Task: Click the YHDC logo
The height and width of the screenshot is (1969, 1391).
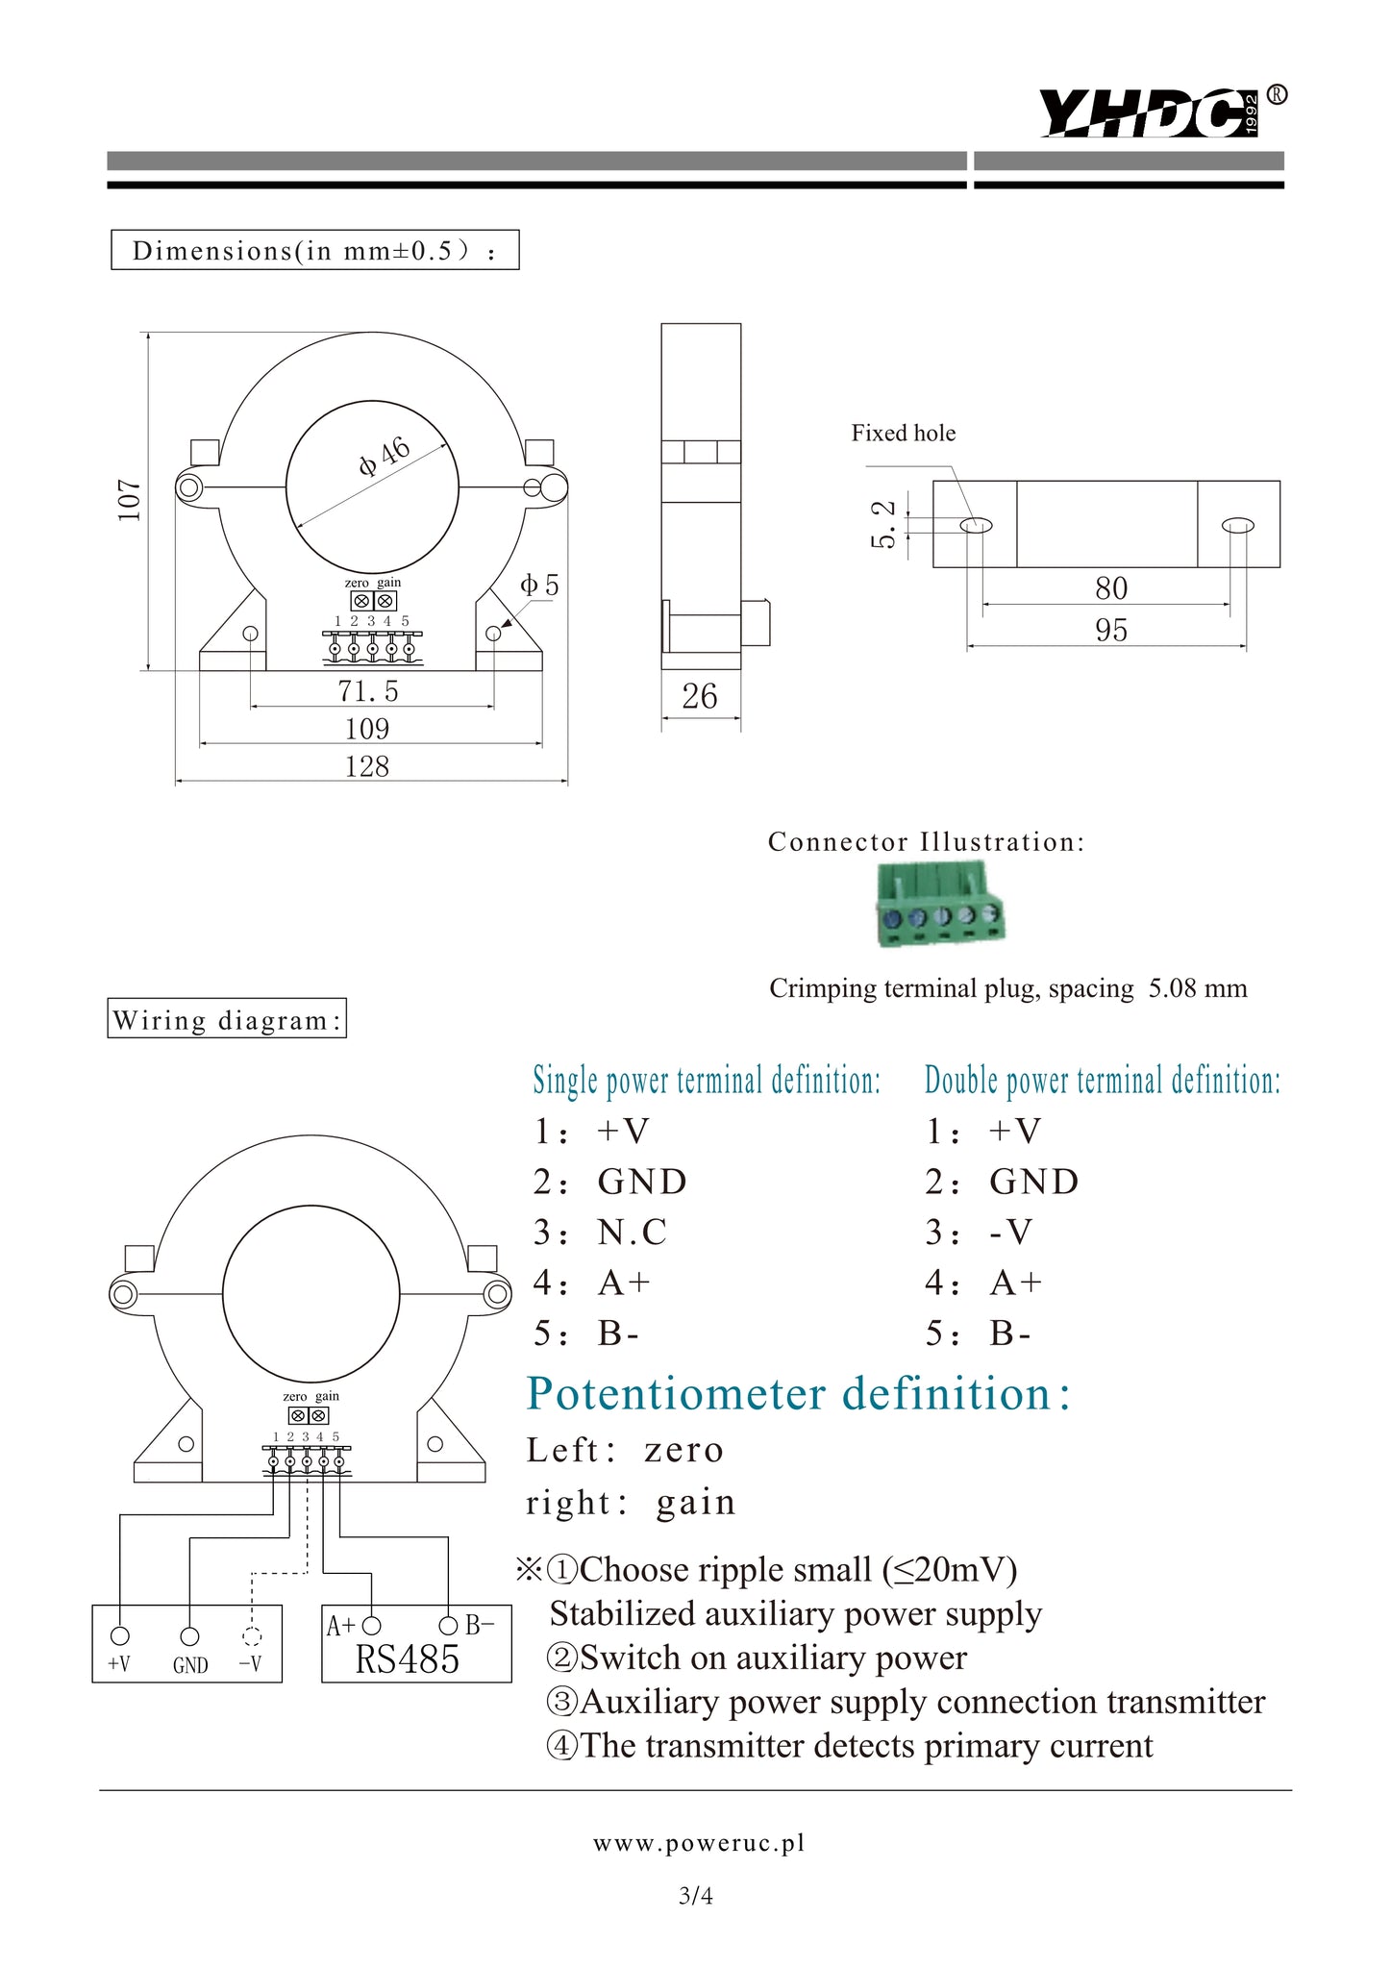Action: [x=1149, y=112]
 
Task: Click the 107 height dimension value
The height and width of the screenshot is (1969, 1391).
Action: [x=130, y=501]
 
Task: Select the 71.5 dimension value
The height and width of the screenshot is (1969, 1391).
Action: [x=367, y=691]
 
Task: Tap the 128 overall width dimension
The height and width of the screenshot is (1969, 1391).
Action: [x=367, y=766]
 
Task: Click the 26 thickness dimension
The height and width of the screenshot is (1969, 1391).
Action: [x=700, y=696]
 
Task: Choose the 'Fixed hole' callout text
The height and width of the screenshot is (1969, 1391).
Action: [x=903, y=434]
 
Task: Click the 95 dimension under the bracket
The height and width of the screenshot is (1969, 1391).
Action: [x=1110, y=631]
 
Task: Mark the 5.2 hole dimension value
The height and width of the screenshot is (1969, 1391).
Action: [x=883, y=524]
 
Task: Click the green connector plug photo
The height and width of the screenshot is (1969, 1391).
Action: [x=940, y=905]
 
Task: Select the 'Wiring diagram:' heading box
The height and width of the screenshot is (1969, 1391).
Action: [x=227, y=1019]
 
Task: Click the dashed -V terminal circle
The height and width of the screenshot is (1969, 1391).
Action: [x=252, y=1636]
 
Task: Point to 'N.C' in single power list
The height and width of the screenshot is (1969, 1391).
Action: [x=632, y=1233]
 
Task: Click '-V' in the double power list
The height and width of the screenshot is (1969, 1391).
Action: [x=1010, y=1233]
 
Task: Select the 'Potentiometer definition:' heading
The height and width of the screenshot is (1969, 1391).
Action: [x=798, y=1394]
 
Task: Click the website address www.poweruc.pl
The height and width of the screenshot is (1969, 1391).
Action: [x=699, y=1843]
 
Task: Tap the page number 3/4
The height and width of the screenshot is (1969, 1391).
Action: [x=696, y=1896]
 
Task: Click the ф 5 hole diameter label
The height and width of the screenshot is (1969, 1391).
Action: [x=539, y=586]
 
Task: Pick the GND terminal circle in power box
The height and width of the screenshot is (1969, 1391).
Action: [x=190, y=1636]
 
